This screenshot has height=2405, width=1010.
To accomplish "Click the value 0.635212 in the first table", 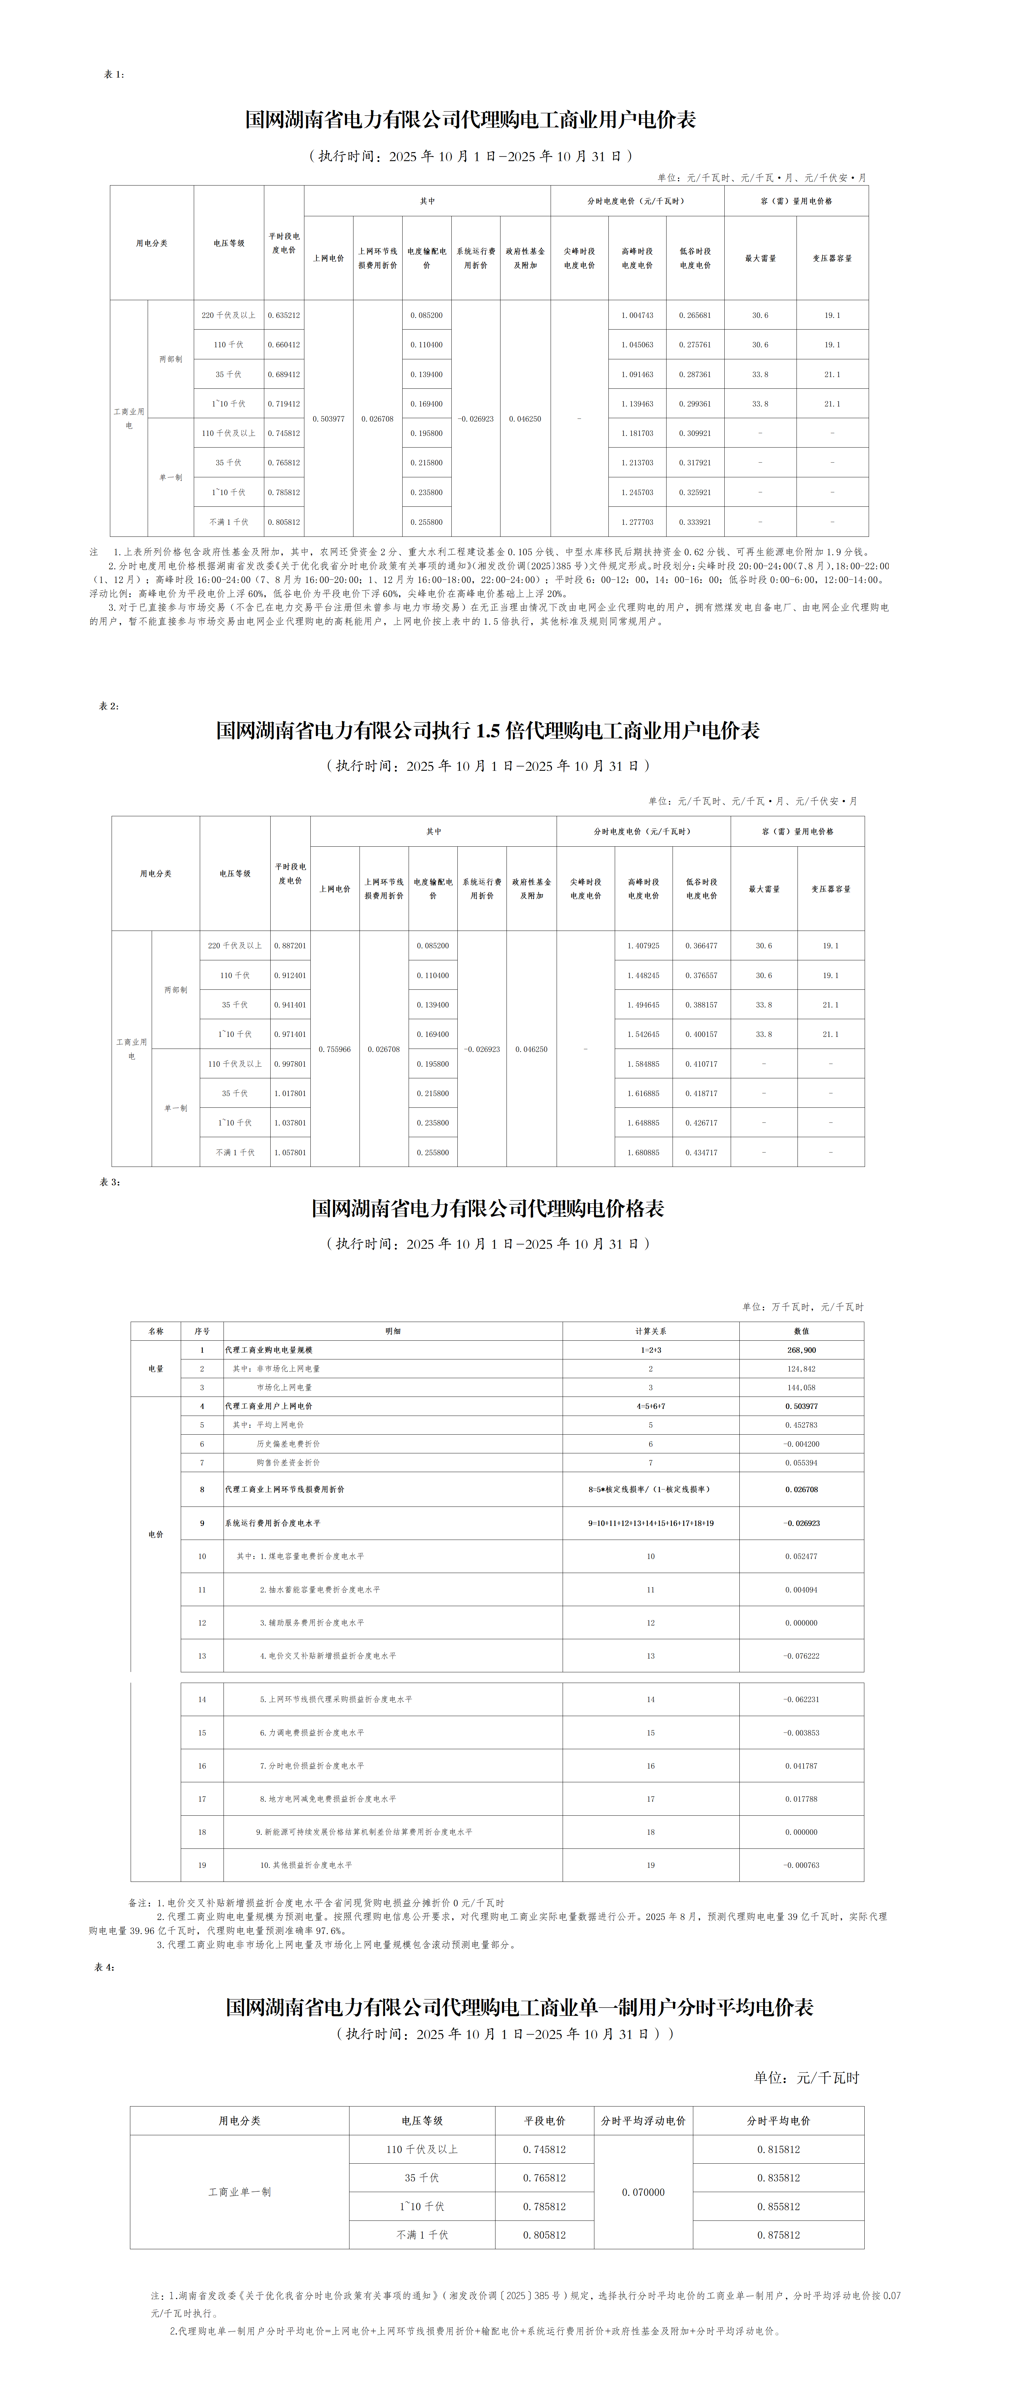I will coord(284,316).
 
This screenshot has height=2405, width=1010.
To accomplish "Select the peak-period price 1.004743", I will coord(637,316).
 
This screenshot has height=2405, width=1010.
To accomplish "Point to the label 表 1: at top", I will coord(114,75).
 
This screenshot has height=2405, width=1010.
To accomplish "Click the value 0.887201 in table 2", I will coord(290,946).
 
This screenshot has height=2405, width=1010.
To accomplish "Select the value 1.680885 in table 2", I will coord(643,1153).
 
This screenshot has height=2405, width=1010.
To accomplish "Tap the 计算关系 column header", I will coord(651,1331).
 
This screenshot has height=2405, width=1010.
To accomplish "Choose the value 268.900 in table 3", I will coord(801,1350).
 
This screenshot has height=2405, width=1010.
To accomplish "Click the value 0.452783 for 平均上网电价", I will coord(801,1425).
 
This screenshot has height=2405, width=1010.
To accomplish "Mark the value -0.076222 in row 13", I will coord(801,1656).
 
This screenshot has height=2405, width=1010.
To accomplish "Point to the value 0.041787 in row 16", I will coord(801,1767).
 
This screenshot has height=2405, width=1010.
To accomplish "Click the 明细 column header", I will coord(393,1331).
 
